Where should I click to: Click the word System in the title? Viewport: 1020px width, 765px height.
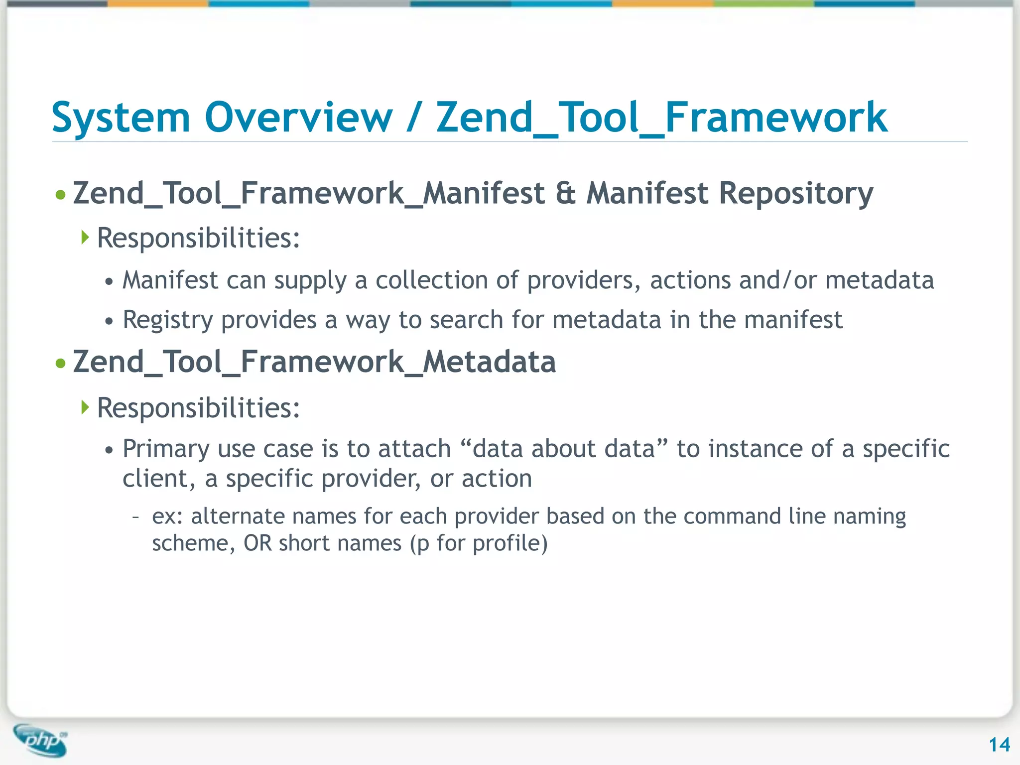click(x=121, y=119)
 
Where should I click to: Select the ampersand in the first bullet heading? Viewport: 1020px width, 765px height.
click(x=565, y=193)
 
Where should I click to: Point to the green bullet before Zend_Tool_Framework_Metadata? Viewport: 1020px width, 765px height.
click(x=61, y=364)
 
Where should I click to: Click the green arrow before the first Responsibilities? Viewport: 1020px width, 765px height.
click(x=85, y=237)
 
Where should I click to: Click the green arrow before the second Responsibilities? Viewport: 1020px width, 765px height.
click(x=85, y=407)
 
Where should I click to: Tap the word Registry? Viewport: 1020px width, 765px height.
click(x=167, y=321)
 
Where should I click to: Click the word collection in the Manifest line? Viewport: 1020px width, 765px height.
click(x=431, y=280)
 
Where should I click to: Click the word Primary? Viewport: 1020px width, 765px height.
click(x=166, y=450)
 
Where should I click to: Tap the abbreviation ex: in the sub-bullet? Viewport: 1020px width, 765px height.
click(x=168, y=516)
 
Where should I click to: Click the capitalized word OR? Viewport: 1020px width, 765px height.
click(x=257, y=543)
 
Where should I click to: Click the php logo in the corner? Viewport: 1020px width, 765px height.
click(x=41, y=741)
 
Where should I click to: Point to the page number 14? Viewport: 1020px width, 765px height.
click(x=999, y=745)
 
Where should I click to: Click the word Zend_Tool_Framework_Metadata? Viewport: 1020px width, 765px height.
click(x=314, y=362)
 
